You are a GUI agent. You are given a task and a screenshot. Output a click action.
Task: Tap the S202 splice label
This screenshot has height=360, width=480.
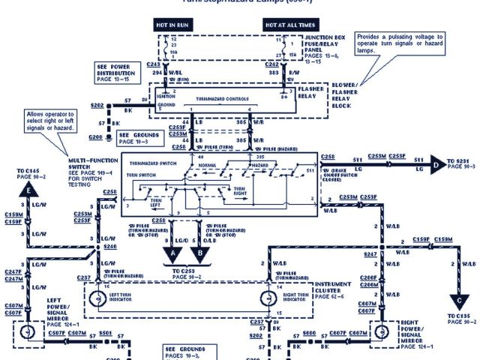point(97,105)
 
